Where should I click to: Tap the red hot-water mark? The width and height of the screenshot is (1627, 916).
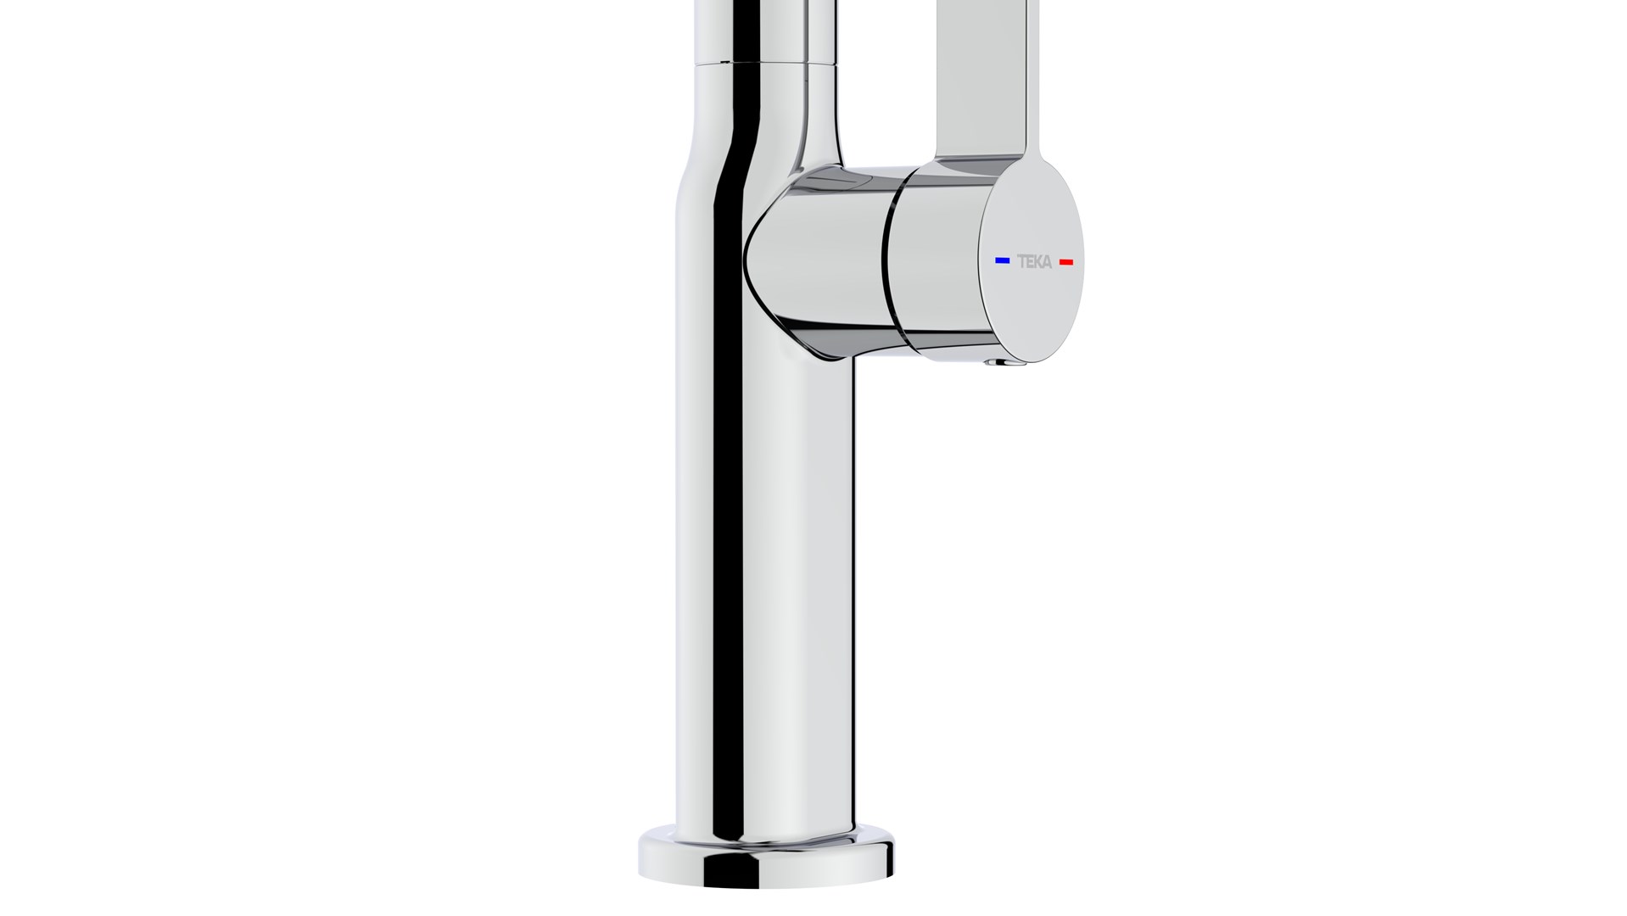pyautogui.click(x=1066, y=262)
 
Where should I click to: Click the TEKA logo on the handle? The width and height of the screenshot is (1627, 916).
pyautogui.click(x=1034, y=261)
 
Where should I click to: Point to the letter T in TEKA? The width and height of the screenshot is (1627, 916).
pyautogui.click(x=1021, y=261)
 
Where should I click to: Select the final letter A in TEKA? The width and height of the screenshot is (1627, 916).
pyautogui.click(x=1047, y=262)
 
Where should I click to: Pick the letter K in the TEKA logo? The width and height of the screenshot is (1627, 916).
pyautogui.click(x=1038, y=261)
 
